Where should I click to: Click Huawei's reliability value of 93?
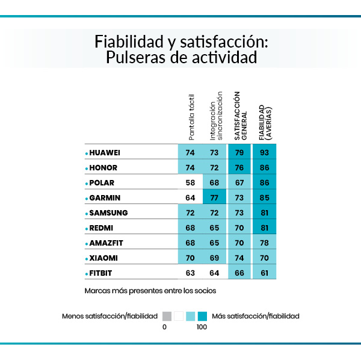pyautogui.click(x=264, y=153)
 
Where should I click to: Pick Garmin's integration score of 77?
pyautogui.click(x=215, y=197)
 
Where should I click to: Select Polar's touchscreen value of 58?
pyautogui.click(x=191, y=182)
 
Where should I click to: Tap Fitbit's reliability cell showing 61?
pyautogui.click(x=264, y=273)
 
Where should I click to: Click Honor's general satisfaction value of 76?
pyautogui.click(x=240, y=167)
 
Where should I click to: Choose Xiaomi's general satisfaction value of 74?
pyautogui.click(x=240, y=258)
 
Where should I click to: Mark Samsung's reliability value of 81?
pyautogui.click(x=264, y=213)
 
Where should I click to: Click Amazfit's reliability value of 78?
pyautogui.click(x=264, y=243)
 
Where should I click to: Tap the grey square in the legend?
pyautogui.click(x=167, y=315)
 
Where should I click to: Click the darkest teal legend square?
pyautogui.click(x=202, y=315)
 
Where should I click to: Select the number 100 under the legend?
pyautogui.click(x=202, y=327)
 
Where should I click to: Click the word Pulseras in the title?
pyautogui.click(x=140, y=58)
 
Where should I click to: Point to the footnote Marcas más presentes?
pyautogui.click(x=150, y=290)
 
